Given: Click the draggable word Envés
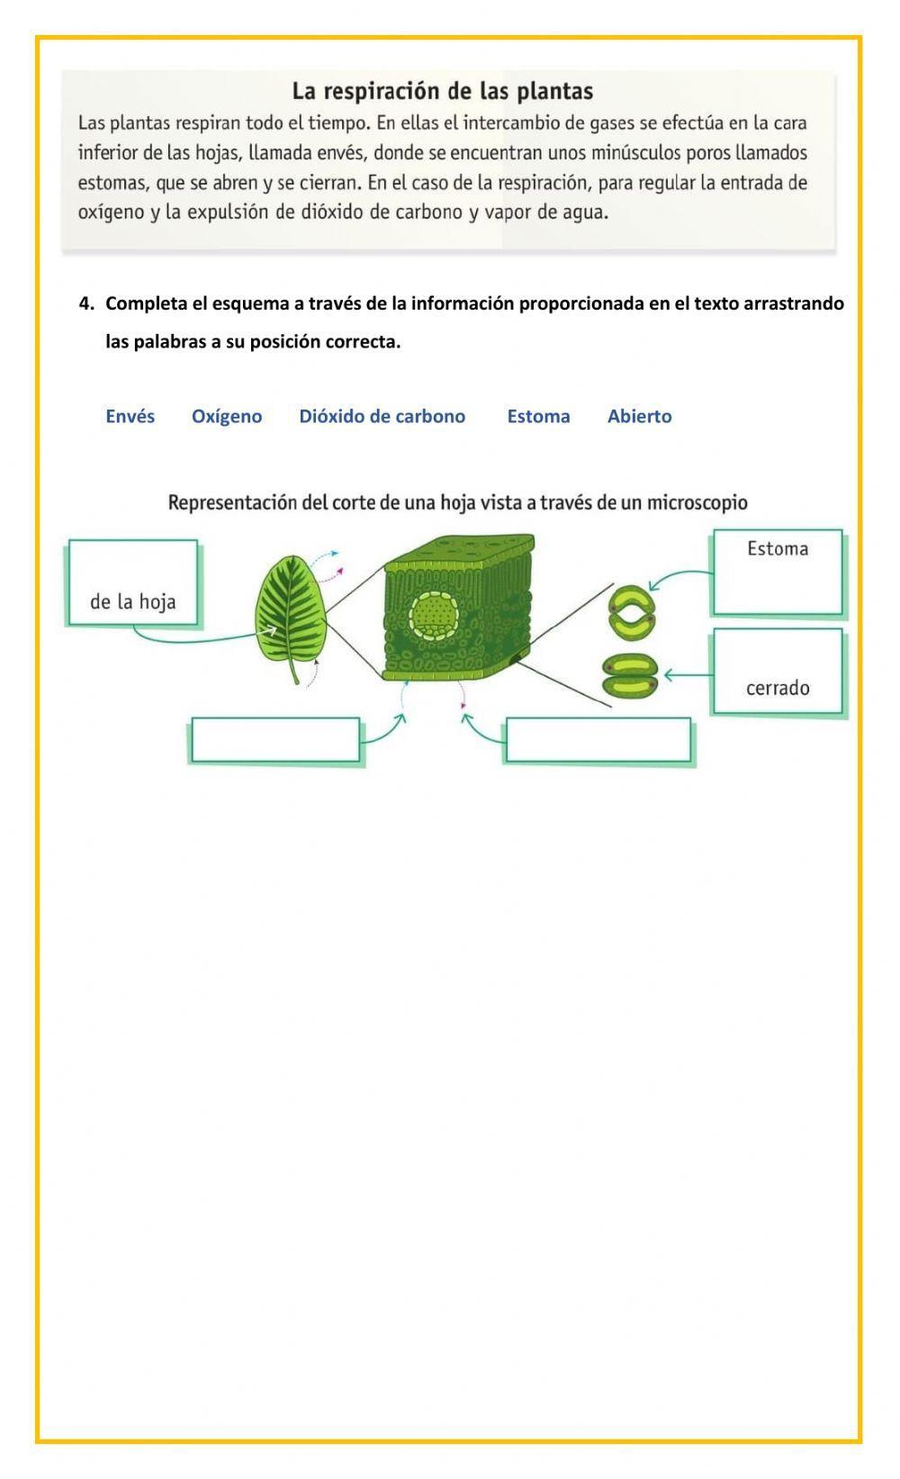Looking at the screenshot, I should [130, 416].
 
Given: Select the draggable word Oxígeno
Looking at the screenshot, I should [227, 416].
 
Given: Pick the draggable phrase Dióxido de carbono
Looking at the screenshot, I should [382, 416].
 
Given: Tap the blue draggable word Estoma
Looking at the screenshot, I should [538, 416].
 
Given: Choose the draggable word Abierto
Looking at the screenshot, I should [639, 416].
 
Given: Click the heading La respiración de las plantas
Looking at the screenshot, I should [442, 91].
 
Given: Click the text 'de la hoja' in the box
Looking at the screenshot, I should [132, 601].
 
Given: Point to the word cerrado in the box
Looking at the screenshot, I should [778, 688].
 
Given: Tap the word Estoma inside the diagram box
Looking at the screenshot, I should [778, 548].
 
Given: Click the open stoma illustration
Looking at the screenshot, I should [632, 611].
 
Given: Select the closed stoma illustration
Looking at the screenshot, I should [630, 676].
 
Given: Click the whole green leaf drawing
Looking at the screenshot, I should [291, 611].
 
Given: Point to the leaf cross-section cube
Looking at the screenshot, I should [457, 608].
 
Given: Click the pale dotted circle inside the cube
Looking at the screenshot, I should [436, 615].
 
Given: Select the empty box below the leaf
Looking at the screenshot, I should [275, 741].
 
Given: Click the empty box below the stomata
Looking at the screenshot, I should [598, 741].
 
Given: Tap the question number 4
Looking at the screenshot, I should [85, 303].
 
